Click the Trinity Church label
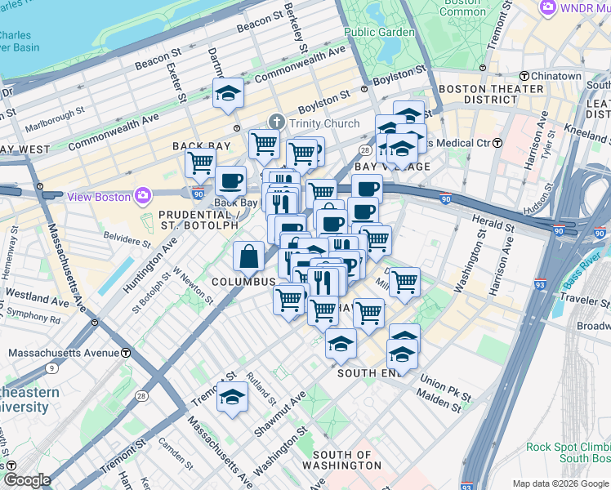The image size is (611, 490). click(329, 123)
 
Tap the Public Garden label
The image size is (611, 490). click(379, 33)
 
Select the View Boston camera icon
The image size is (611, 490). click(145, 196)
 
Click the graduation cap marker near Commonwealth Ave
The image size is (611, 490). click(229, 95)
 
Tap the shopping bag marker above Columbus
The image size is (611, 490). click(248, 258)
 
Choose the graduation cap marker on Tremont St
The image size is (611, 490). click(232, 398)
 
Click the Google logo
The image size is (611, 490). click(27, 480)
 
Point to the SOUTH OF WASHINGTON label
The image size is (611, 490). click(346, 460)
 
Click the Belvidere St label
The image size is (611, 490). click(127, 243)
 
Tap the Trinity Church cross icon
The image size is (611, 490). click(277, 123)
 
